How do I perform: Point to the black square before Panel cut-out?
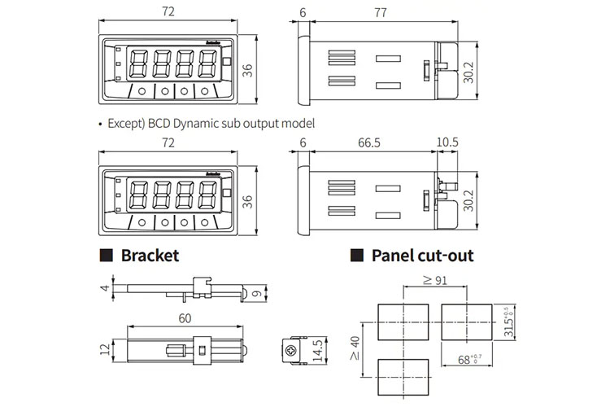(356, 256)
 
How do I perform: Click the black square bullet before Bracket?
(106, 256)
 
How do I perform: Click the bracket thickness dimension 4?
(104, 288)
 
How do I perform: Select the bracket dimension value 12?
(104, 349)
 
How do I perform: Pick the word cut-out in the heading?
(445, 256)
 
